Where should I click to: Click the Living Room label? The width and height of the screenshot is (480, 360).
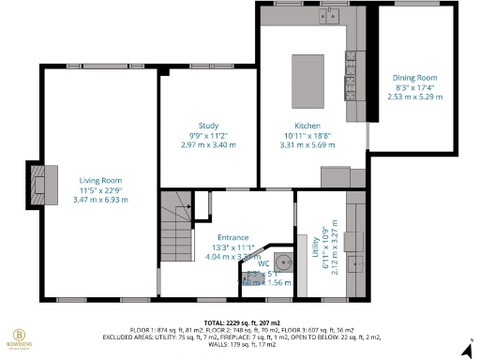point(100,180)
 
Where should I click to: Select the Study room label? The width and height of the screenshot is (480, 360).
point(208,126)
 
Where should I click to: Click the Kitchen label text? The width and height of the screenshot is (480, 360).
point(307,126)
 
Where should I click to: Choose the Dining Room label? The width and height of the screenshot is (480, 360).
point(414,77)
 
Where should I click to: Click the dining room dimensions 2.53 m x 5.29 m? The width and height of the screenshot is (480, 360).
point(414,96)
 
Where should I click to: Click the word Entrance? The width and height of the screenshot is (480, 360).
point(232,237)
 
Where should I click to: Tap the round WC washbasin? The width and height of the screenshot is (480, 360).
point(283,262)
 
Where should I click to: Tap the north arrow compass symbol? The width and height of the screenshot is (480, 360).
point(466,351)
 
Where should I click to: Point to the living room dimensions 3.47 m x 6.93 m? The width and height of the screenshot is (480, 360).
point(100,200)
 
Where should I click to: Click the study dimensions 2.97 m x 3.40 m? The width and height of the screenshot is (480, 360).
point(208,145)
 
